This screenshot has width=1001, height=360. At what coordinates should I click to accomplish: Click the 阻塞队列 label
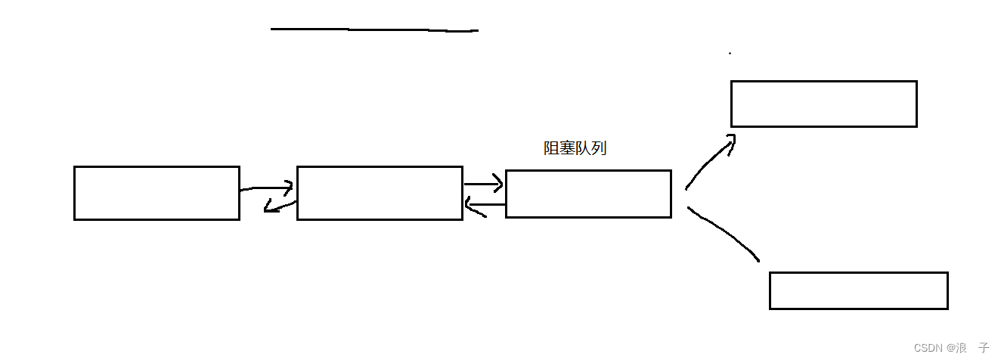(x=575, y=149)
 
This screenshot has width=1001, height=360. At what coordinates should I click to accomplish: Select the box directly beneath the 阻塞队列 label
(x=588, y=194)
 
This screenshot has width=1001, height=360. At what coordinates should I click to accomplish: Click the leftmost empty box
(x=157, y=194)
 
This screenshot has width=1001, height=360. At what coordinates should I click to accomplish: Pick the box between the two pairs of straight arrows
(x=380, y=194)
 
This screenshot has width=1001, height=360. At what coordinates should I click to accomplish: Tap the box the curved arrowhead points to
(x=823, y=104)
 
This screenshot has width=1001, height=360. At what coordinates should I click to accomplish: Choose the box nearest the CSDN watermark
(x=858, y=290)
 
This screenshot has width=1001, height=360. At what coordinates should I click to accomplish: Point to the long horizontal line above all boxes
(x=374, y=30)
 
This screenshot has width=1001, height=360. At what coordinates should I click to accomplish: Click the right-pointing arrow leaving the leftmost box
(x=267, y=188)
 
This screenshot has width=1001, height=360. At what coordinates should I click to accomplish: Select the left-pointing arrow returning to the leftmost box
(x=279, y=206)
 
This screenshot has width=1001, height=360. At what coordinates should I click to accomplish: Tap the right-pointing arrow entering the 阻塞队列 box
(x=484, y=184)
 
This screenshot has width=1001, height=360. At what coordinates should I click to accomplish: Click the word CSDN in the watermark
(x=928, y=348)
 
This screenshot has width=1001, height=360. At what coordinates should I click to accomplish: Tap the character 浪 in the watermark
(x=961, y=348)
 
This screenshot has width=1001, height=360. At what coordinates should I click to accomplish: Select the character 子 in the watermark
(x=984, y=348)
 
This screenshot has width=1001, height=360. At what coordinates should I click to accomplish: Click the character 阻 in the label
(x=551, y=149)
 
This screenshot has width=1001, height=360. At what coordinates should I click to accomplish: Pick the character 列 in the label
(x=599, y=149)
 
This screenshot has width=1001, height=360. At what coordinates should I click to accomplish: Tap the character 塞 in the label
(x=567, y=149)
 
